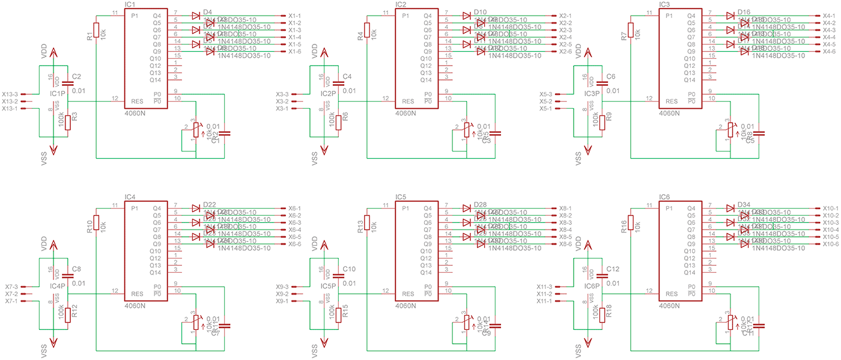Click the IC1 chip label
(x=129, y=4)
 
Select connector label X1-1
(x=294, y=16)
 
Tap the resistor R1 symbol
(x=96, y=30)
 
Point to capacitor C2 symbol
(x=67, y=85)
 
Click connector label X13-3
(x=10, y=94)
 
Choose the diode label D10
(x=480, y=11)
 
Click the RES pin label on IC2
(x=408, y=101)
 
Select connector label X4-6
(x=829, y=52)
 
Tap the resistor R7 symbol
(x=631, y=30)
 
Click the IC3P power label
(x=592, y=94)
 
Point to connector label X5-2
(x=545, y=102)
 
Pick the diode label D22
(x=210, y=204)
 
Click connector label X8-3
(x=565, y=223)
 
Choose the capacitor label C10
(x=349, y=269)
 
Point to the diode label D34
(x=744, y=204)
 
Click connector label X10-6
(x=830, y=245)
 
